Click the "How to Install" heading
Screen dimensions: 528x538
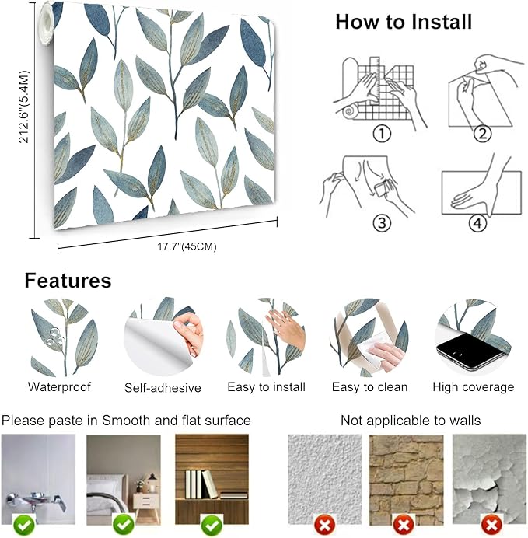point(404,22)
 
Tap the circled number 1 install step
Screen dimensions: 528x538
point(382,134)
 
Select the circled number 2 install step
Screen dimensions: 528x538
point(482,134)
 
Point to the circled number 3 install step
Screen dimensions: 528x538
point(382,223)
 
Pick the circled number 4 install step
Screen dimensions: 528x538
point(478,223)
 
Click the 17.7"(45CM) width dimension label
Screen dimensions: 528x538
point(187,246)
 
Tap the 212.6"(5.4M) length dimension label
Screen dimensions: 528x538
point(24,107)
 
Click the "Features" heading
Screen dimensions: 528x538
point(68,281)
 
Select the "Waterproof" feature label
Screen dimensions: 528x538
point(59,386)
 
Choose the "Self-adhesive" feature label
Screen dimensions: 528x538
point(163,388)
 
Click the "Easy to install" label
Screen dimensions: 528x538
point(266,387)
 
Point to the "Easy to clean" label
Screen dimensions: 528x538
point(370,387)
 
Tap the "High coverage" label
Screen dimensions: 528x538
point(474,387)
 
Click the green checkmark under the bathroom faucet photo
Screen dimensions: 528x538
point(23,525)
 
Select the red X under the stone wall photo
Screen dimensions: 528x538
point(404,525)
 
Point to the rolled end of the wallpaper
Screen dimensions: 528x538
point(47,23)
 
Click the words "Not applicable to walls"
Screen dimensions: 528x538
point(411,421)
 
